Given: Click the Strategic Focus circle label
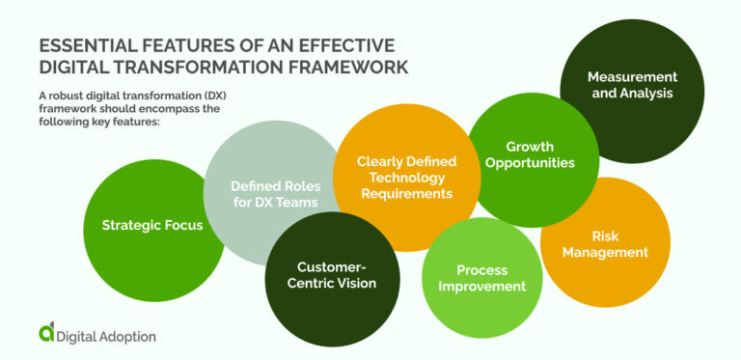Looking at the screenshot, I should (x=152, y=226).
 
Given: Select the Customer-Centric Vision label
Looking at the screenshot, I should (x=322, y=274).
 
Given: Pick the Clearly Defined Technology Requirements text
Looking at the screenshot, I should (x=406, y=178).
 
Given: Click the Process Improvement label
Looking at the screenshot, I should (x=481, y=278).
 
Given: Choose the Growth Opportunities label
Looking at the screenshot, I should (x=530, y=155).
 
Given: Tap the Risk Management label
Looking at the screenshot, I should (x=606, y=244).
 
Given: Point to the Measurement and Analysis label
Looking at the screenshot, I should (x=632, y=85).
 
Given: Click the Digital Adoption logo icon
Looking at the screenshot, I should (x=47, y=333).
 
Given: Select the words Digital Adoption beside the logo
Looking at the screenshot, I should (x=107, y=336).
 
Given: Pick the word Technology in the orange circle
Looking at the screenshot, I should (x=406, y=178).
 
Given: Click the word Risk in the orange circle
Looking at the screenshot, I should (x=606, y=235).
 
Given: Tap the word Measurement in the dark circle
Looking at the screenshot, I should (x=632, y=76).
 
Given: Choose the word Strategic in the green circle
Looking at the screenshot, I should (x=131, y=226).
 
